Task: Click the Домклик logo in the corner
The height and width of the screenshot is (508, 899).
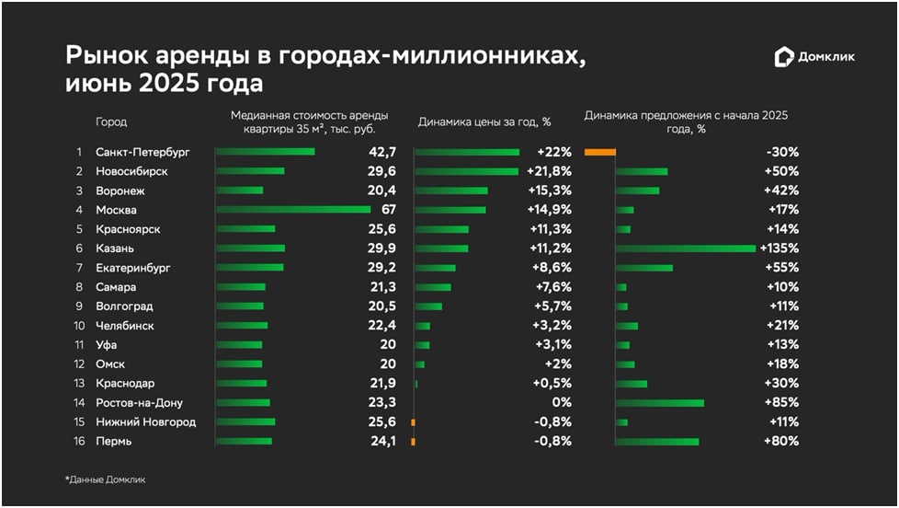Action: [815, 57]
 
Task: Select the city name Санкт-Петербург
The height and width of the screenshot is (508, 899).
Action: [142, 152]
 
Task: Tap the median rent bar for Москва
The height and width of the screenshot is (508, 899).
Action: [293, 210]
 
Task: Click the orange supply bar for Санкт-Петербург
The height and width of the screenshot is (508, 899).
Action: [599, 152]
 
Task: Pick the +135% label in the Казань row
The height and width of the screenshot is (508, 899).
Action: [780, 248]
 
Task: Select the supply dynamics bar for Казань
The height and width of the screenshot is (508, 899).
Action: [686, 248]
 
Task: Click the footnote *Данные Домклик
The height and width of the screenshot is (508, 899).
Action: [105, 479]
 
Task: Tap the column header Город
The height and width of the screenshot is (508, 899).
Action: [111, 121]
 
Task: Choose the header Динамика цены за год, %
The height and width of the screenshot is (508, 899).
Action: [484, 121]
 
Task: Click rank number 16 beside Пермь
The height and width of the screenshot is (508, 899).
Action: [80, 441]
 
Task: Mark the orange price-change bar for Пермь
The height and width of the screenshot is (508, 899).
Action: [413, 441]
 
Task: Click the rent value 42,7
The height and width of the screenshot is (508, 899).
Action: [381, 152]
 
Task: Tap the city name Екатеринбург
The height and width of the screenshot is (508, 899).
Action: [134, 268]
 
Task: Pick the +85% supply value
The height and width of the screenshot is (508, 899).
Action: [782, 402]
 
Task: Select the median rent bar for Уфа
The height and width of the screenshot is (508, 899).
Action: [239, 344]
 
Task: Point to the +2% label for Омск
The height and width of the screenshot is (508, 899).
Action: [557, 364]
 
